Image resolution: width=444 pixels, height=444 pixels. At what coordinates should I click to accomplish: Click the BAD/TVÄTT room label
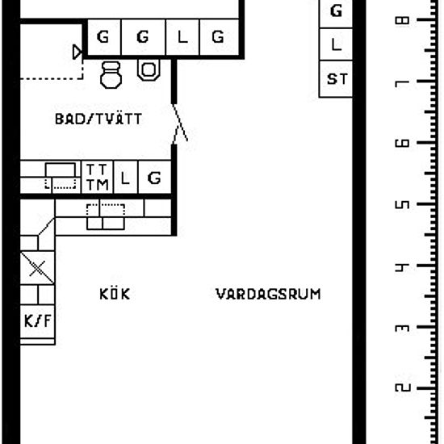coord(98,119)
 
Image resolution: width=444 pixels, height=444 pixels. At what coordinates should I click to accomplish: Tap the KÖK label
coord(115,294)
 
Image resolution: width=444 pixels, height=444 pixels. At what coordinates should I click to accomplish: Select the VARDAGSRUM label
coord(268,294)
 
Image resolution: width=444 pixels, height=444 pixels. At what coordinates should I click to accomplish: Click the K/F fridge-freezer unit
coord(38,321)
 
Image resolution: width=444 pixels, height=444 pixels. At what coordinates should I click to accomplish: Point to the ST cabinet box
coord(336,79)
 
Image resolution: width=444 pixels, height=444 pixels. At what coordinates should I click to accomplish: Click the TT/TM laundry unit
coord(97,178)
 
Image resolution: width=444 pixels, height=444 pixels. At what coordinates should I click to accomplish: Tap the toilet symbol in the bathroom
coord(111,75)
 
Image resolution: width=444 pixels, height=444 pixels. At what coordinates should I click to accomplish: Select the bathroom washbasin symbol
coord(149,69)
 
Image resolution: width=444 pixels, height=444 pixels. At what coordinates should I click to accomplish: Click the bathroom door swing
coord(179,124)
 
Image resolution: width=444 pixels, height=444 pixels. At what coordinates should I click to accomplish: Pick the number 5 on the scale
coord(402,205)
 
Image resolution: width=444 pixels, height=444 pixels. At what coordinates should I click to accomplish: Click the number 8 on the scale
coord(402,20)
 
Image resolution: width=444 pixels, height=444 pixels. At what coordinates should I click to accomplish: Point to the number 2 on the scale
coord(402,387)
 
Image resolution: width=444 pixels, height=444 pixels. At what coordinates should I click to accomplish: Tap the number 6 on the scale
coord(402,143)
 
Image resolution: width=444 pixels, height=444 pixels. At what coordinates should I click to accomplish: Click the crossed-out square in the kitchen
coord(37,268)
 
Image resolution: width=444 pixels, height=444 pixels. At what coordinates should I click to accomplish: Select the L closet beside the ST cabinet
coord(336,44)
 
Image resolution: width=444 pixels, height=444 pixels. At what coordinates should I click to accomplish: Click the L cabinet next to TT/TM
coord(125,178)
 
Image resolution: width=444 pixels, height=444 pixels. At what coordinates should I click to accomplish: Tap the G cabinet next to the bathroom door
coord(155,178)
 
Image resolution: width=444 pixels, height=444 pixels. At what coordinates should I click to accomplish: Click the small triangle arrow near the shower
coord(77,52)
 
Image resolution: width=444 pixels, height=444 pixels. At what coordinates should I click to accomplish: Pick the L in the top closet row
coord(182,37)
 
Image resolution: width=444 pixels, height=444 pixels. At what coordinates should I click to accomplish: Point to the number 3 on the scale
coord(402,328)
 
